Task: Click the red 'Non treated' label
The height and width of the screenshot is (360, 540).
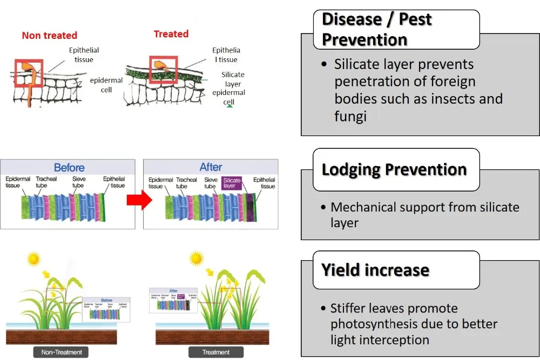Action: tap(49, 36)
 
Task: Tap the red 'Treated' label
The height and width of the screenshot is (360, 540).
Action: tap(171, 34)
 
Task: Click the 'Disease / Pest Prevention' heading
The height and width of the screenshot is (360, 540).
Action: tap(376, 29)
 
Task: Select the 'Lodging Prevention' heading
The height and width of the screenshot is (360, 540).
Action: tap(394, 169)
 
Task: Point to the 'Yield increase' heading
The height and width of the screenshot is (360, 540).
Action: tap(375, 270)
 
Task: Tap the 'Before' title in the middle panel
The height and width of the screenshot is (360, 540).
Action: tap(69, 167)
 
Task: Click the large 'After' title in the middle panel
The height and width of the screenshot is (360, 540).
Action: tap(211, 167)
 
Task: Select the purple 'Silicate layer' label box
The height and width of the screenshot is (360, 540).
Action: tap(232, 183)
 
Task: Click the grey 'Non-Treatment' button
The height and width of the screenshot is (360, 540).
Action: tap(62, 352)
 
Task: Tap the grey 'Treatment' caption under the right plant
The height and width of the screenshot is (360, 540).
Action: tap(216, 352)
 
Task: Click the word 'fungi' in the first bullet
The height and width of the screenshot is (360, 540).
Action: tap(350, 116)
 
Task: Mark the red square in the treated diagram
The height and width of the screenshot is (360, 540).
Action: tap(163, 70)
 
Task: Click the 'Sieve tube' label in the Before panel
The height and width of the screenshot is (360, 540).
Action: tap(79, 182)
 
